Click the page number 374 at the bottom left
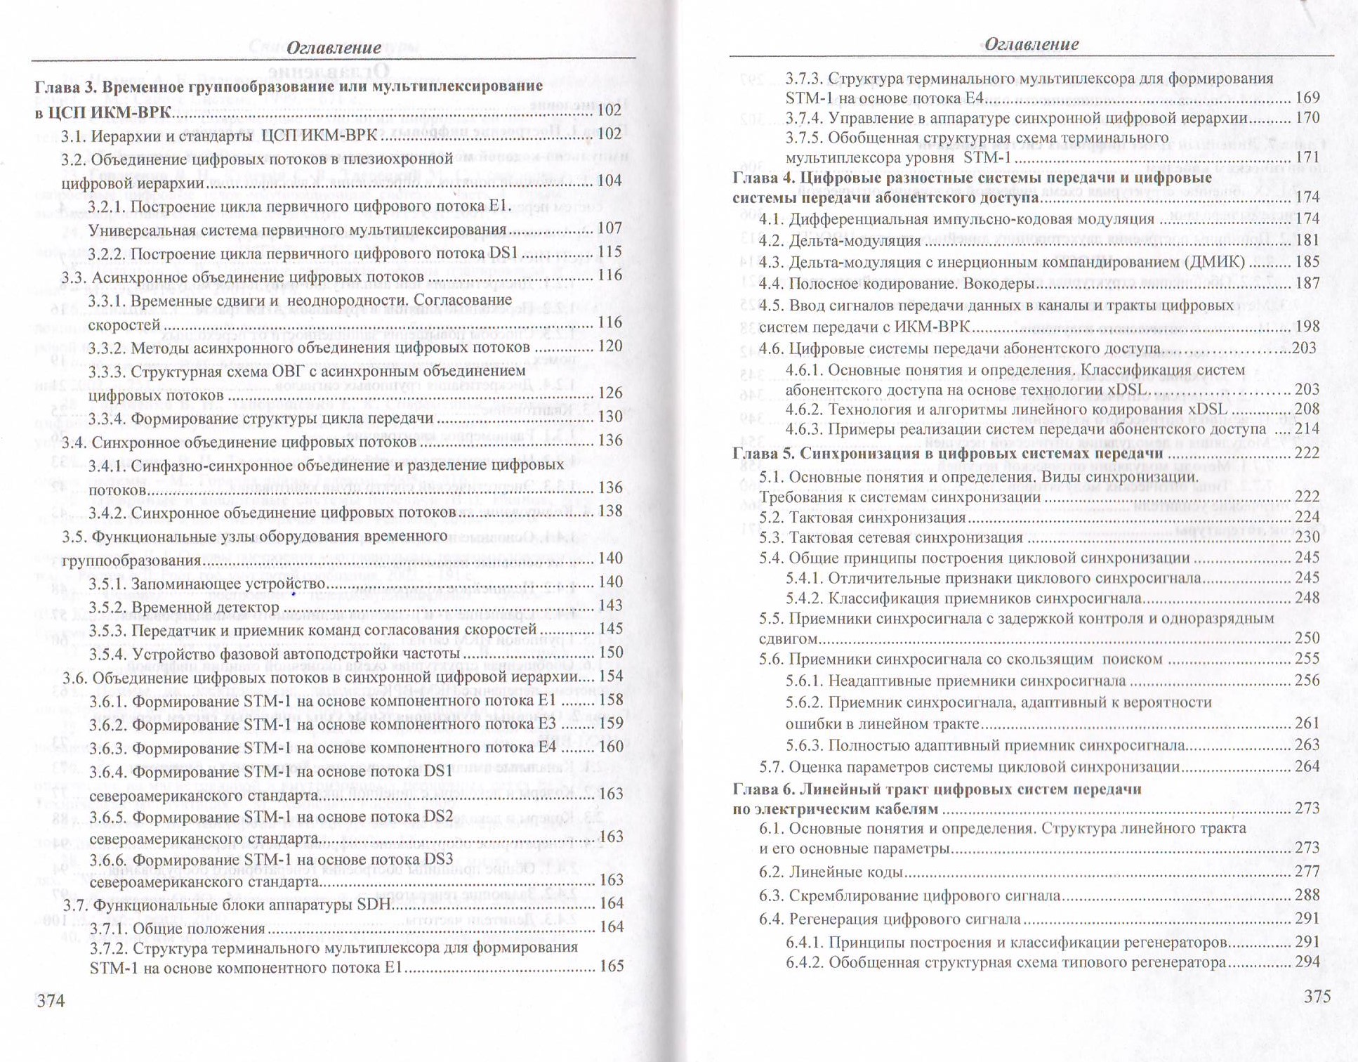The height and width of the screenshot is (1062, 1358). (51, 999)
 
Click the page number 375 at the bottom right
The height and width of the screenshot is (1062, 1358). (1317, 996)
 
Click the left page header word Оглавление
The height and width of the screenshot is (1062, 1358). (334, 48)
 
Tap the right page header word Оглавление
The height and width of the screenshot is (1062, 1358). (1031, 44)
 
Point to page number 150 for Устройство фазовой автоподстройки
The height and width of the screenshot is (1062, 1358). (610, 653)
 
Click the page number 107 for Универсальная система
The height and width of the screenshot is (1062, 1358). (609, 228)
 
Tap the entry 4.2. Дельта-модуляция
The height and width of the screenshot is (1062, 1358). (840, 241)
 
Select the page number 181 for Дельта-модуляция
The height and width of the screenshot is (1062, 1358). (1307, 240)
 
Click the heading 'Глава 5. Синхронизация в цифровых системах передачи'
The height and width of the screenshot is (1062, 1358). (947, 454)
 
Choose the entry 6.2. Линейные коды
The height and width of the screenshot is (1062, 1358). (831, 872)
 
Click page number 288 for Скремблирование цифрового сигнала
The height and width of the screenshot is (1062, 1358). (1307, 895)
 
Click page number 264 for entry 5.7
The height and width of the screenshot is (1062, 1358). (1307, 766)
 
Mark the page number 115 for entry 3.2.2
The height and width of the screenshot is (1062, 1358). (609, 251)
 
